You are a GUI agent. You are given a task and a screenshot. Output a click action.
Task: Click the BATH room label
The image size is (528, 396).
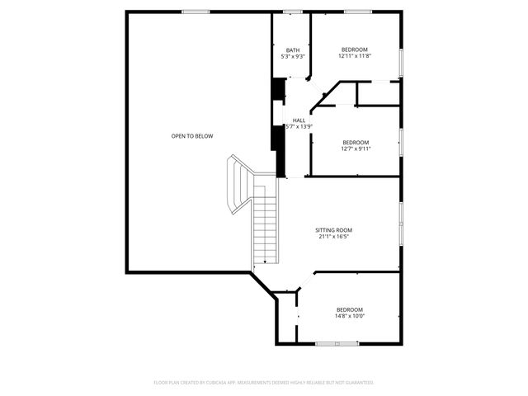(x=293, y=49)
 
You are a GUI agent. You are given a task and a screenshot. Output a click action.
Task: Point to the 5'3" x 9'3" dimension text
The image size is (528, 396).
(x=293, y=57)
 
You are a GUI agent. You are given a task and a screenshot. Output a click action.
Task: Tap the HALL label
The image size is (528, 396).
(x=298, y=120)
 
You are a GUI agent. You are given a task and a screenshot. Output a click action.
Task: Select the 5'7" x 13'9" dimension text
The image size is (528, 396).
(x=298, y=127)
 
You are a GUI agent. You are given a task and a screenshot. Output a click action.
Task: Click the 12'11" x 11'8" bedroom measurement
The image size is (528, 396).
(x=355, y=57)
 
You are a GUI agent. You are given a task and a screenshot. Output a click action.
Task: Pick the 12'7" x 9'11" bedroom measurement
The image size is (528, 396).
(x=356, y=149)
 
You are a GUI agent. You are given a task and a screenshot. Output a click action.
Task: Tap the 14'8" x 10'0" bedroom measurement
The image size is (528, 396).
(x=349, y=316)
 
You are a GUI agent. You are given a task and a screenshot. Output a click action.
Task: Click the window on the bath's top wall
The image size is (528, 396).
(x=293, y=12)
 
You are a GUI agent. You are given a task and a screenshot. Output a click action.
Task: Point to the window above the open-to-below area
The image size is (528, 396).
(x=194, y=12)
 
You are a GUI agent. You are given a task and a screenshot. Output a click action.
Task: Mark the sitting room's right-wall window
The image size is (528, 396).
(x=401, y=224)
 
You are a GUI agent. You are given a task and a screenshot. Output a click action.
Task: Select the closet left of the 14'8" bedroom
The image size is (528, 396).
(x=285, y=317)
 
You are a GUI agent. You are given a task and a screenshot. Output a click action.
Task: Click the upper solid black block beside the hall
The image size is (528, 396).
(x=279, y=89)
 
